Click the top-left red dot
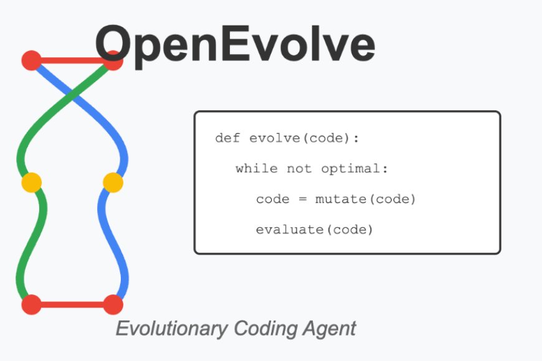point(31,60)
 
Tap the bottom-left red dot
point(31,305)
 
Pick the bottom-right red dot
point(113,305)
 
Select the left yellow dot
point(31,182)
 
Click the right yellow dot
point(113,182)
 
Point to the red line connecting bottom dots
point(72,305)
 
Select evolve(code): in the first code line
point(304,138)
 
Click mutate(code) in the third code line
point(365,199)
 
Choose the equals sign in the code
point(302,200)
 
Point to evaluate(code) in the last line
point(314,230)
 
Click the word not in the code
point(300,169)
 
